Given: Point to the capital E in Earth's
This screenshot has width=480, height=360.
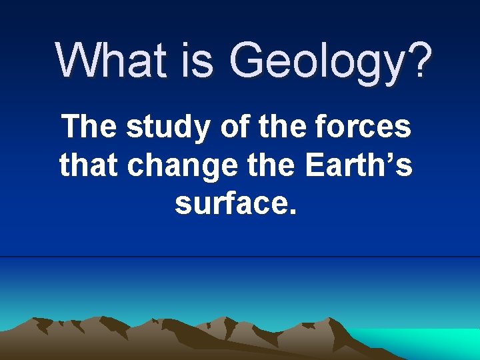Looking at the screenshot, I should click(x=315, y=165).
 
